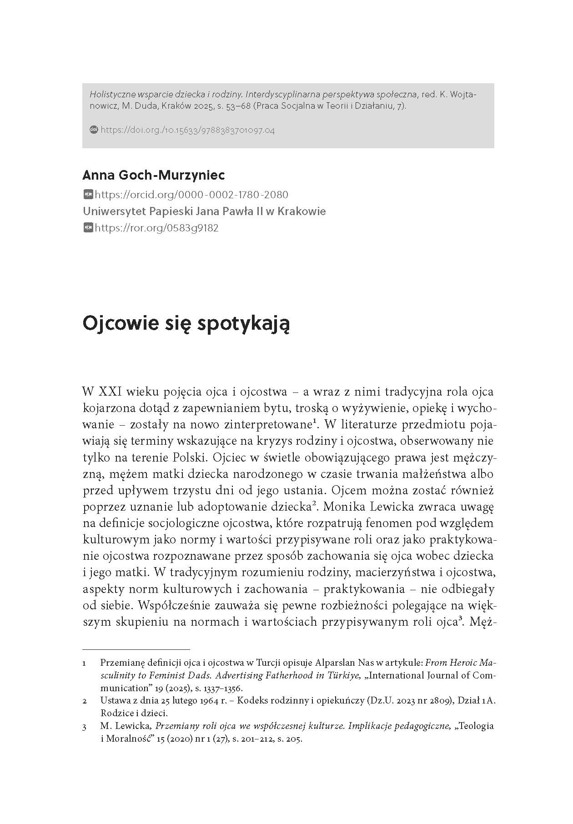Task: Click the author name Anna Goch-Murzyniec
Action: pos(154,175)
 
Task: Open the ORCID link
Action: pos(191,195)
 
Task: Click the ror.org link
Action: pos(156,228)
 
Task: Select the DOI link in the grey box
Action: pos(187,130)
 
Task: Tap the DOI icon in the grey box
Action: pos(94,130)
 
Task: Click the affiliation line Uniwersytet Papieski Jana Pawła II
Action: pos(204,211)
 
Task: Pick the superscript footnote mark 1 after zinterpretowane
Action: pos(315,422)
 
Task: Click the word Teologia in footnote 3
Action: pos(477,726)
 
